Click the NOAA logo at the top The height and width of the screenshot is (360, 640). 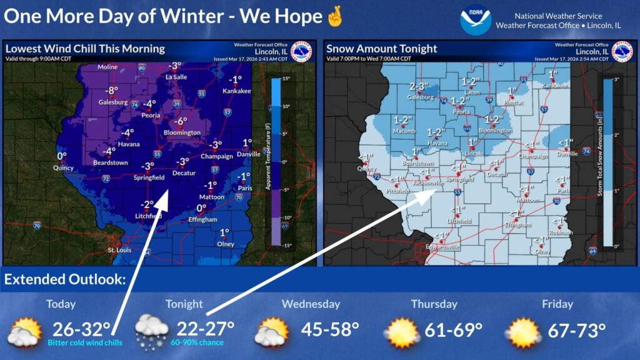point(475,20)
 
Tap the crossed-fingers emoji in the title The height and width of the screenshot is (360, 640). point(335,16)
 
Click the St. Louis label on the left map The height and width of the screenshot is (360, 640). point(119,251)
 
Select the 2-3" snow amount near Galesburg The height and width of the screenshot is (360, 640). point(420,86)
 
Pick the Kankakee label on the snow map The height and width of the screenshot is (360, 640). point(552,85)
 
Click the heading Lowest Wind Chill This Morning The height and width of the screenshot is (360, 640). point(85,49)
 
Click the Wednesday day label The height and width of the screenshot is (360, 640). point(311,304)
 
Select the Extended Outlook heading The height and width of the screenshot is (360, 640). point(62,279)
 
